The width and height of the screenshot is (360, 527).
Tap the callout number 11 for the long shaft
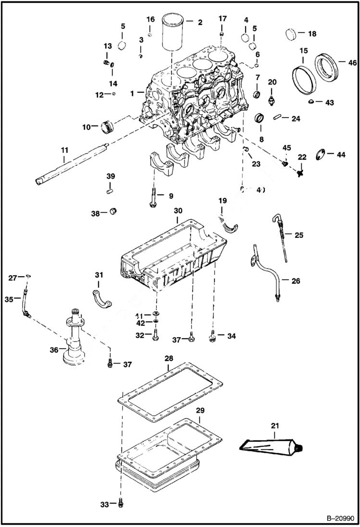(x=64, y=150)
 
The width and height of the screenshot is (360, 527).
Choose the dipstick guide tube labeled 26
(x=266, y=273)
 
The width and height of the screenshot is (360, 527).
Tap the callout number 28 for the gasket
(x=168, y=359)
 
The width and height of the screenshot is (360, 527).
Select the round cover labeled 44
(x=320, y=155)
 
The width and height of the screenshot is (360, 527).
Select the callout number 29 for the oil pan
(x=200, y=410)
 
